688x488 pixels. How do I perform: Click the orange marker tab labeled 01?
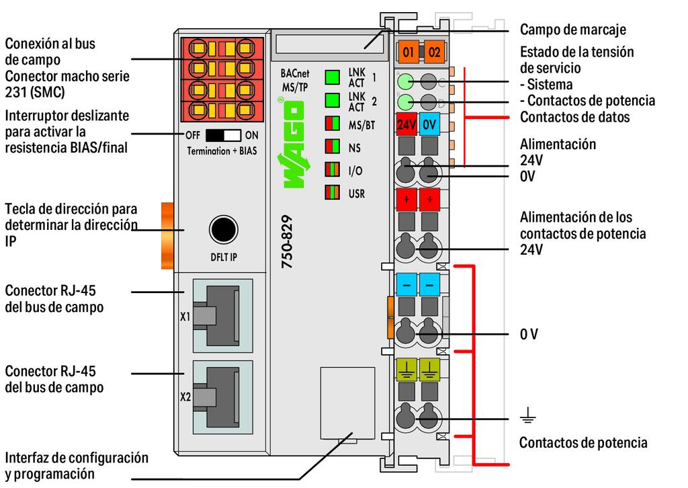tap(407, 51)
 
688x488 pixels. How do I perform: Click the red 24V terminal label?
tap(406, 124)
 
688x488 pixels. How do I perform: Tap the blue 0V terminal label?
tap(430, 124)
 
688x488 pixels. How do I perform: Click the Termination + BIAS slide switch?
tap(223, 135)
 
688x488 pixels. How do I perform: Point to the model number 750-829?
tap(288, 243)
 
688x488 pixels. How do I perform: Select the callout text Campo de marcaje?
tap(573, 30)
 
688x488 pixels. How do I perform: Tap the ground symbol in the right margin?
tap(528, 418)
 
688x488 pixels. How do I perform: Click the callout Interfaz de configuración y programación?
tap(76, 466)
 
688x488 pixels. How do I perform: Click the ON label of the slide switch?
tap(252, 135)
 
